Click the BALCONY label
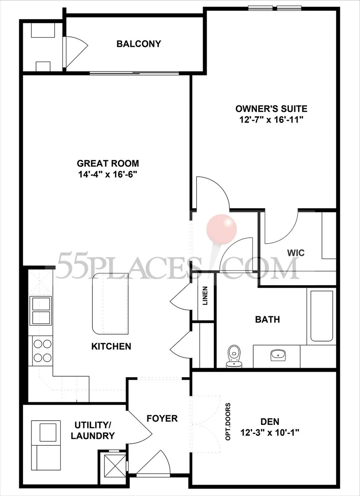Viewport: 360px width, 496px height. click(139, 44)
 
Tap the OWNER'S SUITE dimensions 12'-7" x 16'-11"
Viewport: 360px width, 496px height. click(271, 120)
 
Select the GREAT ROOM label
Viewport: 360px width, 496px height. click(108, 164)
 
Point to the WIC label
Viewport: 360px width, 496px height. click(296, 253)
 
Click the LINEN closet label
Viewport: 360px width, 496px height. click(205, 296)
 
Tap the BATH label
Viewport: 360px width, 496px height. click(267, 320)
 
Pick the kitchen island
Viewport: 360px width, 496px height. click(110, 303)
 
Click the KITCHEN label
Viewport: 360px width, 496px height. click(111, 347)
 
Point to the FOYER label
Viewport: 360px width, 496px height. click(162, 418)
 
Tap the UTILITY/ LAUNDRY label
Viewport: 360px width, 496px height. click(93, 430)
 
